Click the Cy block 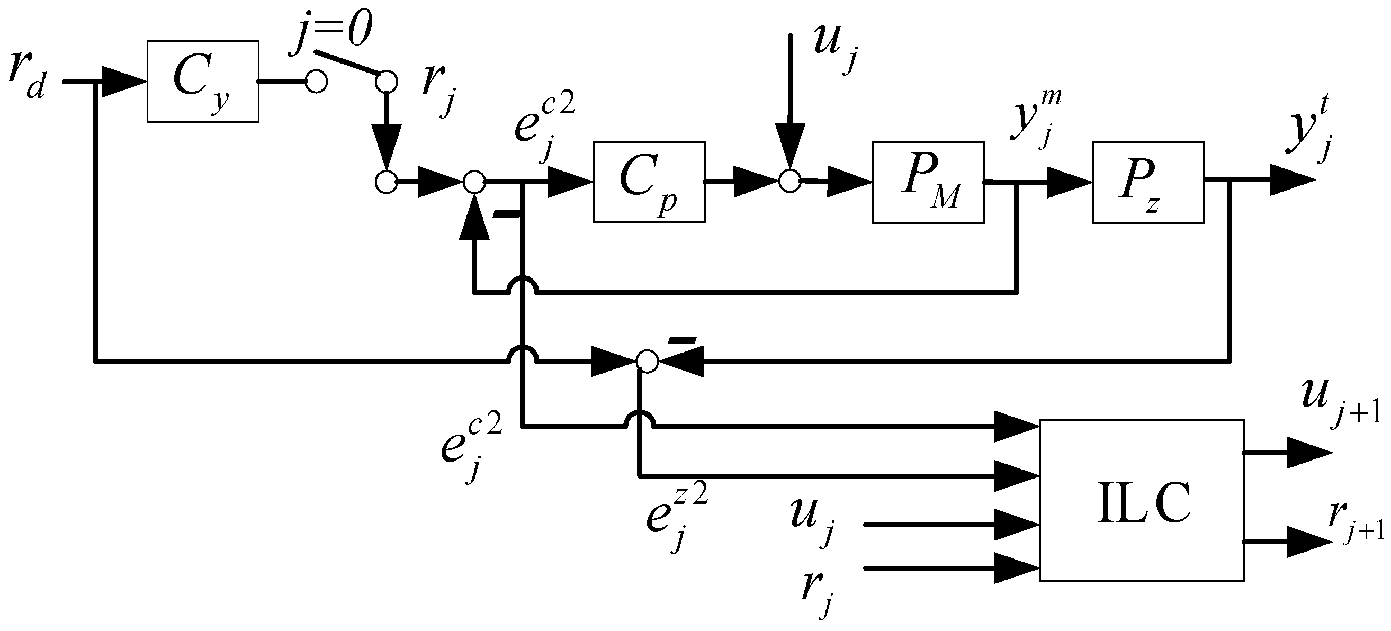coord(202,82)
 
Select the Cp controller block coord(649,182)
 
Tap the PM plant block coord(928,182)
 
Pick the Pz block coord(1148,182)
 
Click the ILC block coord(1142,500)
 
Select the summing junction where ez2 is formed coord(648,360)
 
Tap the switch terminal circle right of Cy coord(316,82)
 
